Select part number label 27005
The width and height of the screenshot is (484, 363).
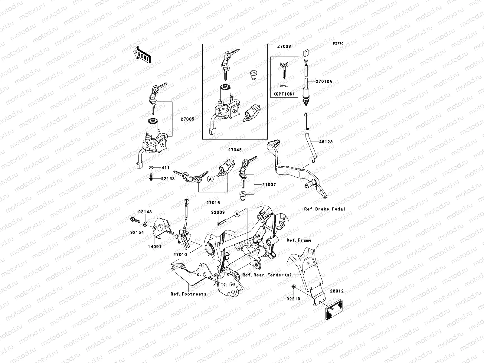pyautogui.click(x=188, y=119)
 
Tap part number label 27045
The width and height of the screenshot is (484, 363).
pyautogui.click(x=235, y=149)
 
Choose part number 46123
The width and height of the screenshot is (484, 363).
pyautogui.click(x=326, y=142)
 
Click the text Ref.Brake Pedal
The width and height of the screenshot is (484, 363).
pyautogui.click(x=325, y=209)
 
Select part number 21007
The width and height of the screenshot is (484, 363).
pyautogui.click(x=269, y=185)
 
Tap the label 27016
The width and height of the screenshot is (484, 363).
pyautogui.click(x=213, y=203)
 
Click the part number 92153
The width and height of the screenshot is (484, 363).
pyautogui.click(x=168, y=179)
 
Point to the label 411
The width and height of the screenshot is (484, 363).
pyautogui.click(x=165, y=168)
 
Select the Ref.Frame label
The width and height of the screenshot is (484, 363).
pyautogui.click(x=299, y=240)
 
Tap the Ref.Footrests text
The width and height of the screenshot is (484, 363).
pyautogui.click(x=188, y=294)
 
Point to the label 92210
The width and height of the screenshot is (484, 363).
pyautogui.click(x=293, y=299)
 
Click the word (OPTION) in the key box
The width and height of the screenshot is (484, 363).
pyautogui.click(x=284, y=94)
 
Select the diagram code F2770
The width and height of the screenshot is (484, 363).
pyautogui.click(x=338, y=44)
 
